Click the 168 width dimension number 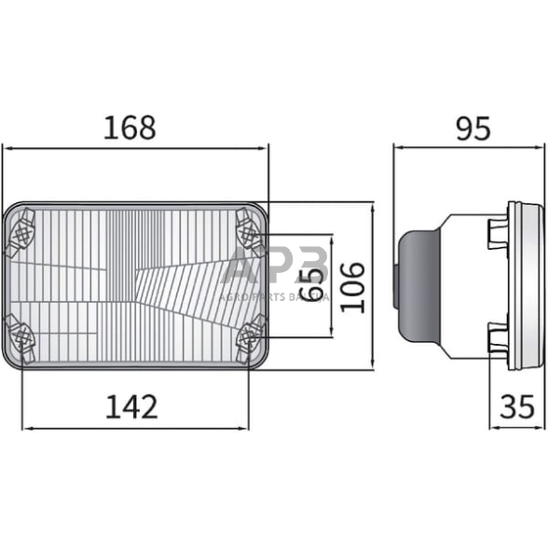coord(130,128)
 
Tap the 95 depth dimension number coord(473,128)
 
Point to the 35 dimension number coord(518,406)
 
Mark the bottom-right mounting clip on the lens coord(250,335)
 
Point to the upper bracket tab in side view coord(495,233)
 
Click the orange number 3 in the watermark coord(310,267)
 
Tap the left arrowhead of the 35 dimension coord(494,428)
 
